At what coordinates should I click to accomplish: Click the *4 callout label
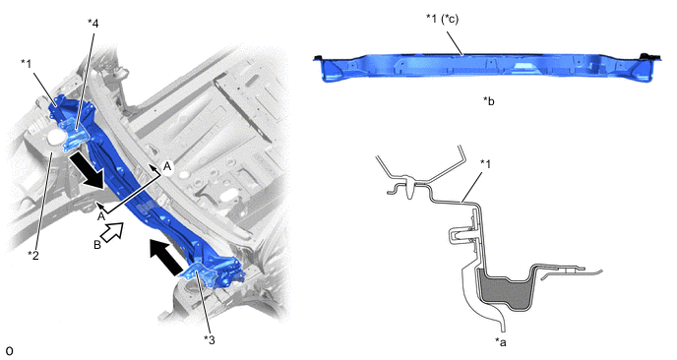[x=92, y=24]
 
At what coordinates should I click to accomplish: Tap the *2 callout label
[x=33, y=256]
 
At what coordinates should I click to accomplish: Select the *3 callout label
[x=209, y=340]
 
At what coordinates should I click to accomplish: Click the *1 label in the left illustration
[x=27, y=64]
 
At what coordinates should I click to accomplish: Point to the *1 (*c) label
[x=442, y=19]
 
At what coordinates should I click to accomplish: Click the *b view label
[x=489, y=101]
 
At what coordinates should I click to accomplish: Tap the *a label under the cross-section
[x=501, y=342]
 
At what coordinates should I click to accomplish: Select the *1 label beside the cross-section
[x=485, y=164]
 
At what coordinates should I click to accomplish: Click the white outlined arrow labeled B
[x=113, y=232]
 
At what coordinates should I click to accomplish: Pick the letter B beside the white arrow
[x=97, y=245]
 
